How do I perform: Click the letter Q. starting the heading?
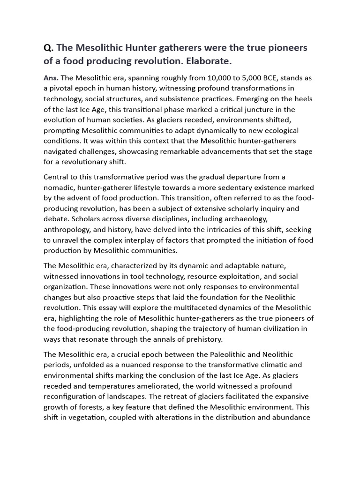click(x=48, y=49)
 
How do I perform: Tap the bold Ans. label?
click(x=51, y=78)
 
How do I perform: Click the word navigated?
click(x=61, y=151)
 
